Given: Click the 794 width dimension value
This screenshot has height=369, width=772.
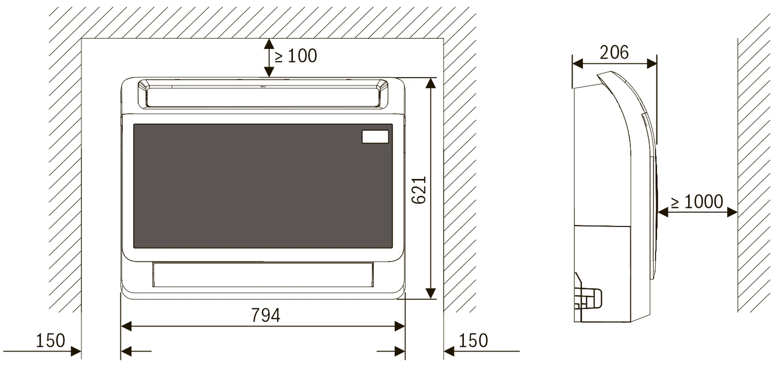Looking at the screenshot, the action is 265,315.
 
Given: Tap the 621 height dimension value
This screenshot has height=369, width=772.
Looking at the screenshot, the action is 419,190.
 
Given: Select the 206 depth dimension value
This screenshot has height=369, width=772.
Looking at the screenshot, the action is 614,52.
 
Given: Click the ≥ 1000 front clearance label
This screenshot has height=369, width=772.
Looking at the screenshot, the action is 697,202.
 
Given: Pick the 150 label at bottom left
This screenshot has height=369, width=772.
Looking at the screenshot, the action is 50,341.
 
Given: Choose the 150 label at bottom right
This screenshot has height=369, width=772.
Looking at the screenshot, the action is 473,341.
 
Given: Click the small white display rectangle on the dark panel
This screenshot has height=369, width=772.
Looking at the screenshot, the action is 375,137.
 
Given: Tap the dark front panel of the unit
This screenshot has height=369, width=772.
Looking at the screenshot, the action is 263,186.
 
